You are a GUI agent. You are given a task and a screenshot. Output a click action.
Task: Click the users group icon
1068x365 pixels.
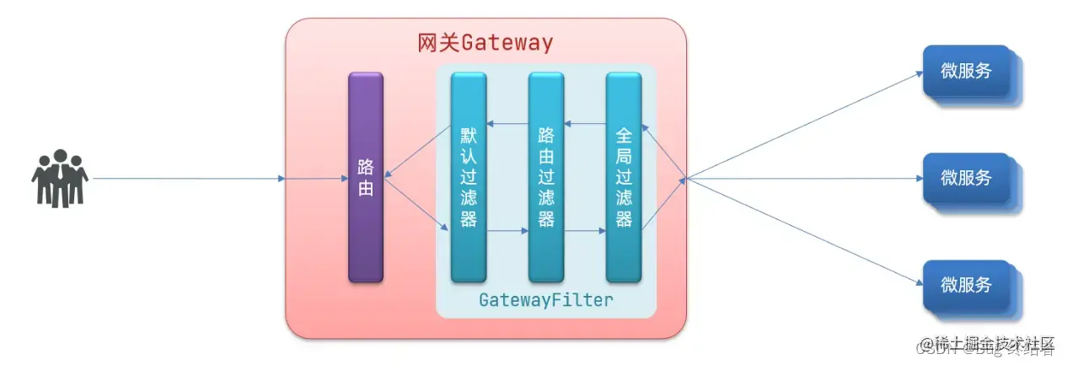coord(60,178)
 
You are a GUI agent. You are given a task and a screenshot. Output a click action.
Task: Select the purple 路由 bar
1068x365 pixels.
coord(366,177)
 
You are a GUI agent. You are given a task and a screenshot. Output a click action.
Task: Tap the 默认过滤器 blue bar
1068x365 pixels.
coord(469,177)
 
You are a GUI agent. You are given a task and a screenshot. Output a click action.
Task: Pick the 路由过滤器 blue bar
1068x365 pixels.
coord(546,177)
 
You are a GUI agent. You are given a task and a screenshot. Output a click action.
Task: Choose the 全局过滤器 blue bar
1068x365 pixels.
coord(624,177)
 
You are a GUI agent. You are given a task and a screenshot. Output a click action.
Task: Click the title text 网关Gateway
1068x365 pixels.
coord(486,43)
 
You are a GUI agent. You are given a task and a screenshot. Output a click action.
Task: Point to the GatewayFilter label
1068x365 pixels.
coord(545,300)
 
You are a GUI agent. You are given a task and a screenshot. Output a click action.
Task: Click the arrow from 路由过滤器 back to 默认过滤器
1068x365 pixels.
coord(507,124)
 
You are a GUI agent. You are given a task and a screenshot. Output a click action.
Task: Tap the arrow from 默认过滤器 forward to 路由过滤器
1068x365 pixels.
coord(507,229)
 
